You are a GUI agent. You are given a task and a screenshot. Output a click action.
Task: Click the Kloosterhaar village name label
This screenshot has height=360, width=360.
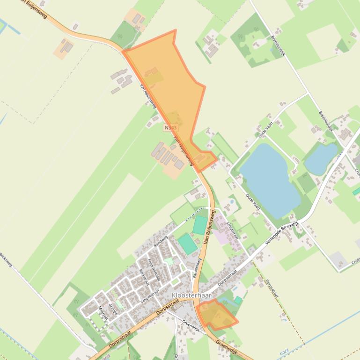tap(191, 295)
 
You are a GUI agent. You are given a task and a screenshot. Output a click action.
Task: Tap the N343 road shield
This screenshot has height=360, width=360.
tap(171, 127)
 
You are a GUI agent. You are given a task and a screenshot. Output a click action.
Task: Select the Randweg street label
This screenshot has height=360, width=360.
tap(161, 241)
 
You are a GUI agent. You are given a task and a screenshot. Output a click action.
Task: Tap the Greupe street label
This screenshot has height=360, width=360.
tap(113, 310)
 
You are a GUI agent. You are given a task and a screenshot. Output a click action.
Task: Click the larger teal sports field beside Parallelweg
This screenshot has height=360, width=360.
tap(188, 244)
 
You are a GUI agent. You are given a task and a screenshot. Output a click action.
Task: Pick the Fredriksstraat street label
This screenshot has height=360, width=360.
tap(154, 270)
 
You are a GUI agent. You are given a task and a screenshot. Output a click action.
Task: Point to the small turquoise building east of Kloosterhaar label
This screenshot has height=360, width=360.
tap(238, 300)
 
